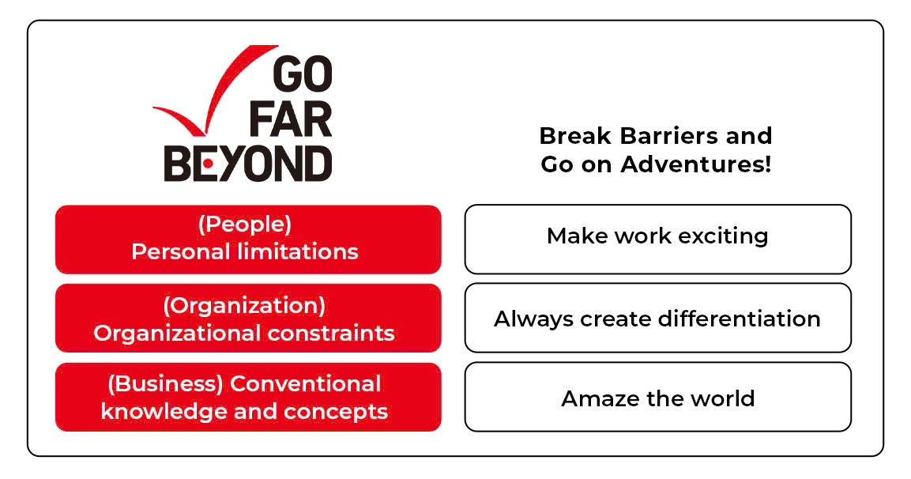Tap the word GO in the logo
[303, 75]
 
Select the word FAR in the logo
[291, 120]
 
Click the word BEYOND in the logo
[248, 164]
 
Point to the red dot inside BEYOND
[208, 164]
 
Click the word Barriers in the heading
[659, 136]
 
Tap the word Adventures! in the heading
[696, 164]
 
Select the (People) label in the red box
[245, 225]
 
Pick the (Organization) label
[244, 306]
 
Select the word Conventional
[306, 384]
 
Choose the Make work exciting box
[657, 239]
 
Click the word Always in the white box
[533, 320]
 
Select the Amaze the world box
[657, 397]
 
